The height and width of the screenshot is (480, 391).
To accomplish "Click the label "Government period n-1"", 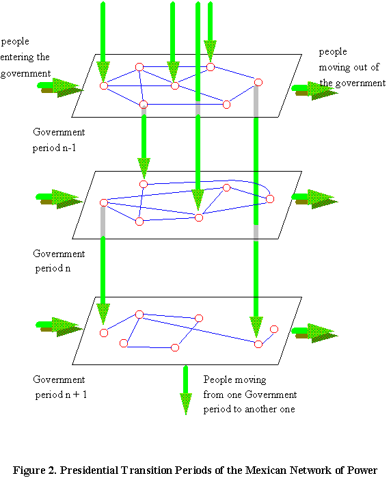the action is pos(59,140).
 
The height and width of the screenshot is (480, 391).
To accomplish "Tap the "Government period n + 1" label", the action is pos(59,387).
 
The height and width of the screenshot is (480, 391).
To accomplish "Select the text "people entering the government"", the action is pos(25,57).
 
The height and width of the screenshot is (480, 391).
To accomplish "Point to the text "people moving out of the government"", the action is pos(352,67).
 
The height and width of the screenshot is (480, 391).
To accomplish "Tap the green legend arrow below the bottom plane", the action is pos(186,390).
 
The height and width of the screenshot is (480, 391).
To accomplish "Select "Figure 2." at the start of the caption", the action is pos(35,470).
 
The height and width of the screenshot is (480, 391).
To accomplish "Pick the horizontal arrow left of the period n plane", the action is pos(59,199).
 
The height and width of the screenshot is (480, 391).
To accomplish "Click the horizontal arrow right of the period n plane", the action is pos(315,199).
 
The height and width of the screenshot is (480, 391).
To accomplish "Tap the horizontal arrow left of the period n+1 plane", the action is pos(59,327).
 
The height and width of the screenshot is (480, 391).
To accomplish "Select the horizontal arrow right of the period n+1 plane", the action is pos(315,333).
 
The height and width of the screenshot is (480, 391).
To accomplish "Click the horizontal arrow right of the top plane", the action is pos(315,91).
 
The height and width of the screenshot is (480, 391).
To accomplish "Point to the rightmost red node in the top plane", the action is pos(258,82).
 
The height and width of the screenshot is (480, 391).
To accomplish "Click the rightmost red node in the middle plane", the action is pos(270,199).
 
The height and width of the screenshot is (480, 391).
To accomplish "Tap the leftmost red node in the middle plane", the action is pos(104,202).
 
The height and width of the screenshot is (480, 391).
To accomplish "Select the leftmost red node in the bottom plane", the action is pos(104,333).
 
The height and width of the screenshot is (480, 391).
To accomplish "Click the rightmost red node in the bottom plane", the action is pos(274,329).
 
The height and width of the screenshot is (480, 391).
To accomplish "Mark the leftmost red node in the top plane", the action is pos(104,85).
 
